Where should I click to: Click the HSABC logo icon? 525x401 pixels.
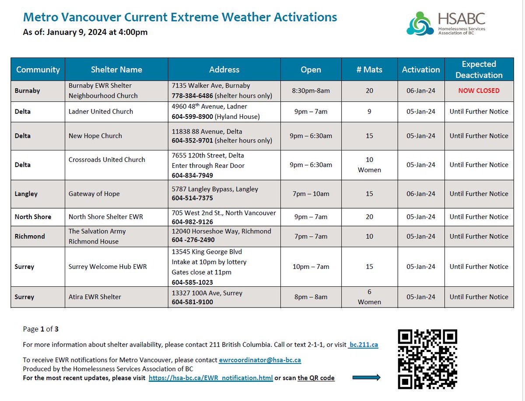pyautogui.click(x=421, y=24)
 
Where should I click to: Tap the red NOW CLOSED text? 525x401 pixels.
pyautogui.click(x=479, y=91)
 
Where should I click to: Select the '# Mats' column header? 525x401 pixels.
pyautogui.click(x=369, y=70)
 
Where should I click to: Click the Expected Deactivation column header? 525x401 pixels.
pyautogui.click(x=479, y=70)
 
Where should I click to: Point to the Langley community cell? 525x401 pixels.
pyautogui.click(x=27, y=194)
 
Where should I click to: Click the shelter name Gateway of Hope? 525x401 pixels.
pyautogui.click(x=94, y=194)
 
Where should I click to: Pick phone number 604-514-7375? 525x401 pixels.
pyautogui.click(x=192, y=199)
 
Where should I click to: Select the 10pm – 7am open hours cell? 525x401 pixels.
pyautogui.click(x=311, y=267)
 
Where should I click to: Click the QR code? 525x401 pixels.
pyautogui.click(x=428, y=359)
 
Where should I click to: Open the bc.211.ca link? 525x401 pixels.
pyautogui.click(x=364, y=345)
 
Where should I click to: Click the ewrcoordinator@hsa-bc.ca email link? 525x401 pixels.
pyautogui.click(x=260, y=360)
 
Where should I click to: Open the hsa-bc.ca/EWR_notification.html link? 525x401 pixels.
pyautogui.click(x=210, y=378)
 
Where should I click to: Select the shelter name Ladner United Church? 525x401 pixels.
pyautogui.click(x=101, y=112)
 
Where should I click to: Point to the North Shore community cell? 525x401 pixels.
pyautogui.click(x=33, y=217)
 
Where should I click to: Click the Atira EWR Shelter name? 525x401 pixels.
pyautogui.click(x=95, y=297)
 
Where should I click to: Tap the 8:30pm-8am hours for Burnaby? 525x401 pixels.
pyautogui.click(x=311, y=91)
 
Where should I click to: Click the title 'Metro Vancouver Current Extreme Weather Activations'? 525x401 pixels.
pyautogui.click(x=180, y=17)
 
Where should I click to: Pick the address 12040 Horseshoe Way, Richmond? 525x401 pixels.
pyautogui.click(x=221, y=231)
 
